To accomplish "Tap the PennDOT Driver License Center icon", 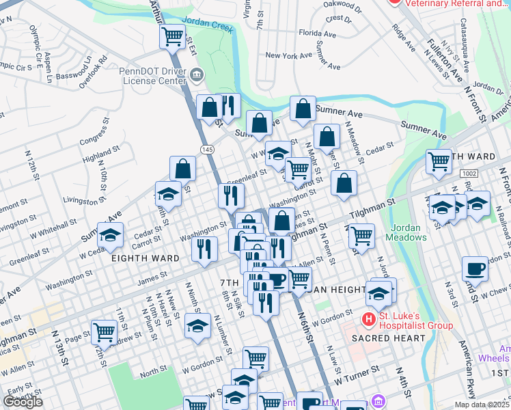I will (197, 74).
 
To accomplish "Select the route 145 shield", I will (205, 148).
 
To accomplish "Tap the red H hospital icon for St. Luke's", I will (369, 319).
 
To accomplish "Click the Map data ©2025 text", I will (482, 405).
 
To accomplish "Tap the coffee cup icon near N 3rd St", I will (475, 269).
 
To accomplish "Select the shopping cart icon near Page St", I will (104, 332).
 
